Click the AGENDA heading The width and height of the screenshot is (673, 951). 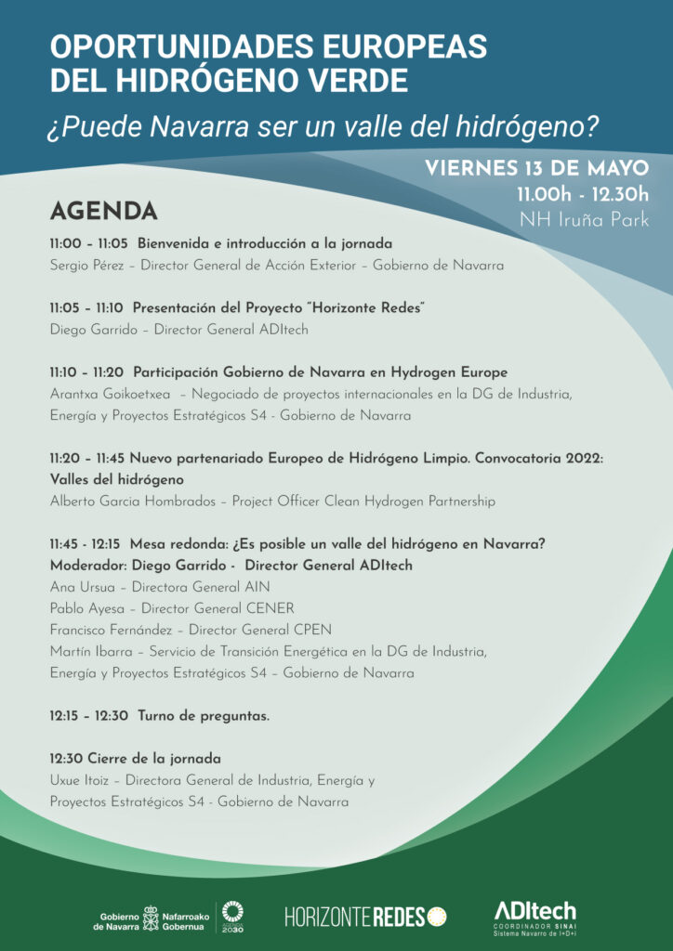tap(103, 212)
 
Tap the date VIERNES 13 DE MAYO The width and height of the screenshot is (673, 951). tap(536, 169)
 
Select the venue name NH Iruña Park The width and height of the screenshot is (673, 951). tap(584, 220)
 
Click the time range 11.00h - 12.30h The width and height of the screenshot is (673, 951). tap(583, 195)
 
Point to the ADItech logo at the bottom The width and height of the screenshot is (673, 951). tap(534, 916)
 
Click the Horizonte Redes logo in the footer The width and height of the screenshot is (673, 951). tap(365, 917)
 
